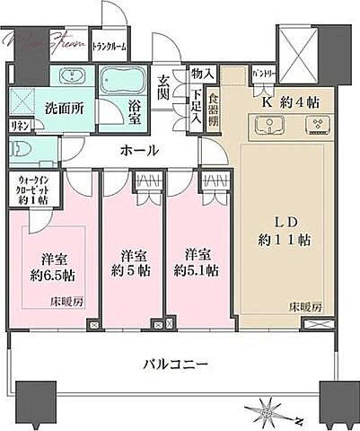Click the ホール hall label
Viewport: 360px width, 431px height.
(x=140, y=151)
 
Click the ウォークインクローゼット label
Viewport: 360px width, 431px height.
(x=34, y=189)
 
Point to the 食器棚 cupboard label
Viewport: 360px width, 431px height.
(x=213, y=108)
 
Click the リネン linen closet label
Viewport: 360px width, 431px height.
(x=18, y=126)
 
